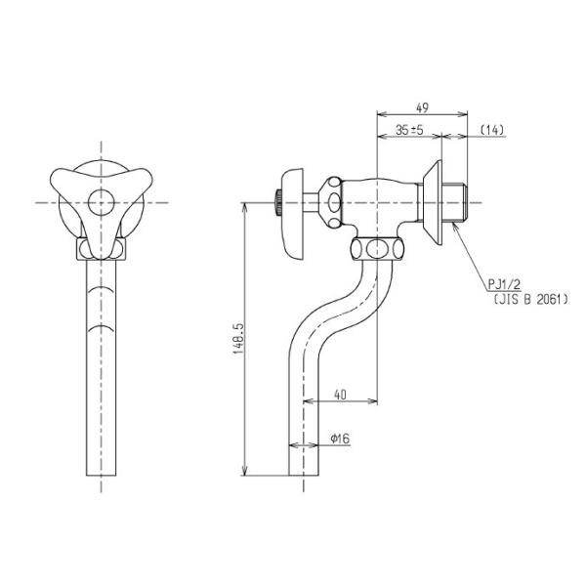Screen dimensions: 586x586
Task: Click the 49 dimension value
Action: (x=422, y=108)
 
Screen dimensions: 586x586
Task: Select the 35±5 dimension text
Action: (x=409, y=130)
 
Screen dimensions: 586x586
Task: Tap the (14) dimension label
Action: (x=491, y=130)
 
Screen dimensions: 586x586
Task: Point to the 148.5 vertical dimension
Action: (x=239, y=339)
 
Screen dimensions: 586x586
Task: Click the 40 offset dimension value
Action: (x=340, y=395)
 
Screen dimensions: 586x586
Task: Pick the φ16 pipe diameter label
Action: (x=340, y=438)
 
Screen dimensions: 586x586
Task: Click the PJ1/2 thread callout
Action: (x=504, y=285)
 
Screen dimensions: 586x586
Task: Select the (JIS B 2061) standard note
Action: (x=530, y=299)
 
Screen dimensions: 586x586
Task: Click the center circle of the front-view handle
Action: (x=101, y=202)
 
